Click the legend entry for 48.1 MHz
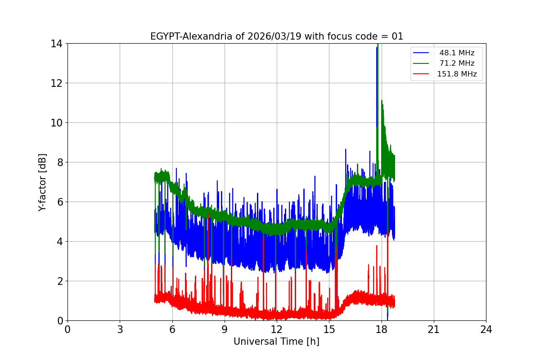pyautogui.click(x=457, y=53)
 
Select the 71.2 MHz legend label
pyautogui.click(x=457, y=63)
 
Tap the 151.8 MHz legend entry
pyautogui.click(x=457, y=74)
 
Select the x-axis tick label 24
pyautogui.click(x=486, y=329)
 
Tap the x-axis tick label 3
pyautogui.click(x=120, y=329)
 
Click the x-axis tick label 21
pyautogui.click(x=434, y=329)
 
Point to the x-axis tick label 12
pyautogui.click(x=277, y=329)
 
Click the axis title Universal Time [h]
pyautogui.click(x=276, y=342)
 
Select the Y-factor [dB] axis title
pyautogui.click(x=42, y=182)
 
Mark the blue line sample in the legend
pyautogui.click(x=421, y=53)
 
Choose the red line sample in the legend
pyautogui.click(x=421, y=74)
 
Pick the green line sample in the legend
pyautogui.click(x=421, y=63)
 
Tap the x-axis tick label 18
pyautogui.click(x=382, y=329)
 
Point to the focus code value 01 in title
pyautogui.click(x=398, y=37)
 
